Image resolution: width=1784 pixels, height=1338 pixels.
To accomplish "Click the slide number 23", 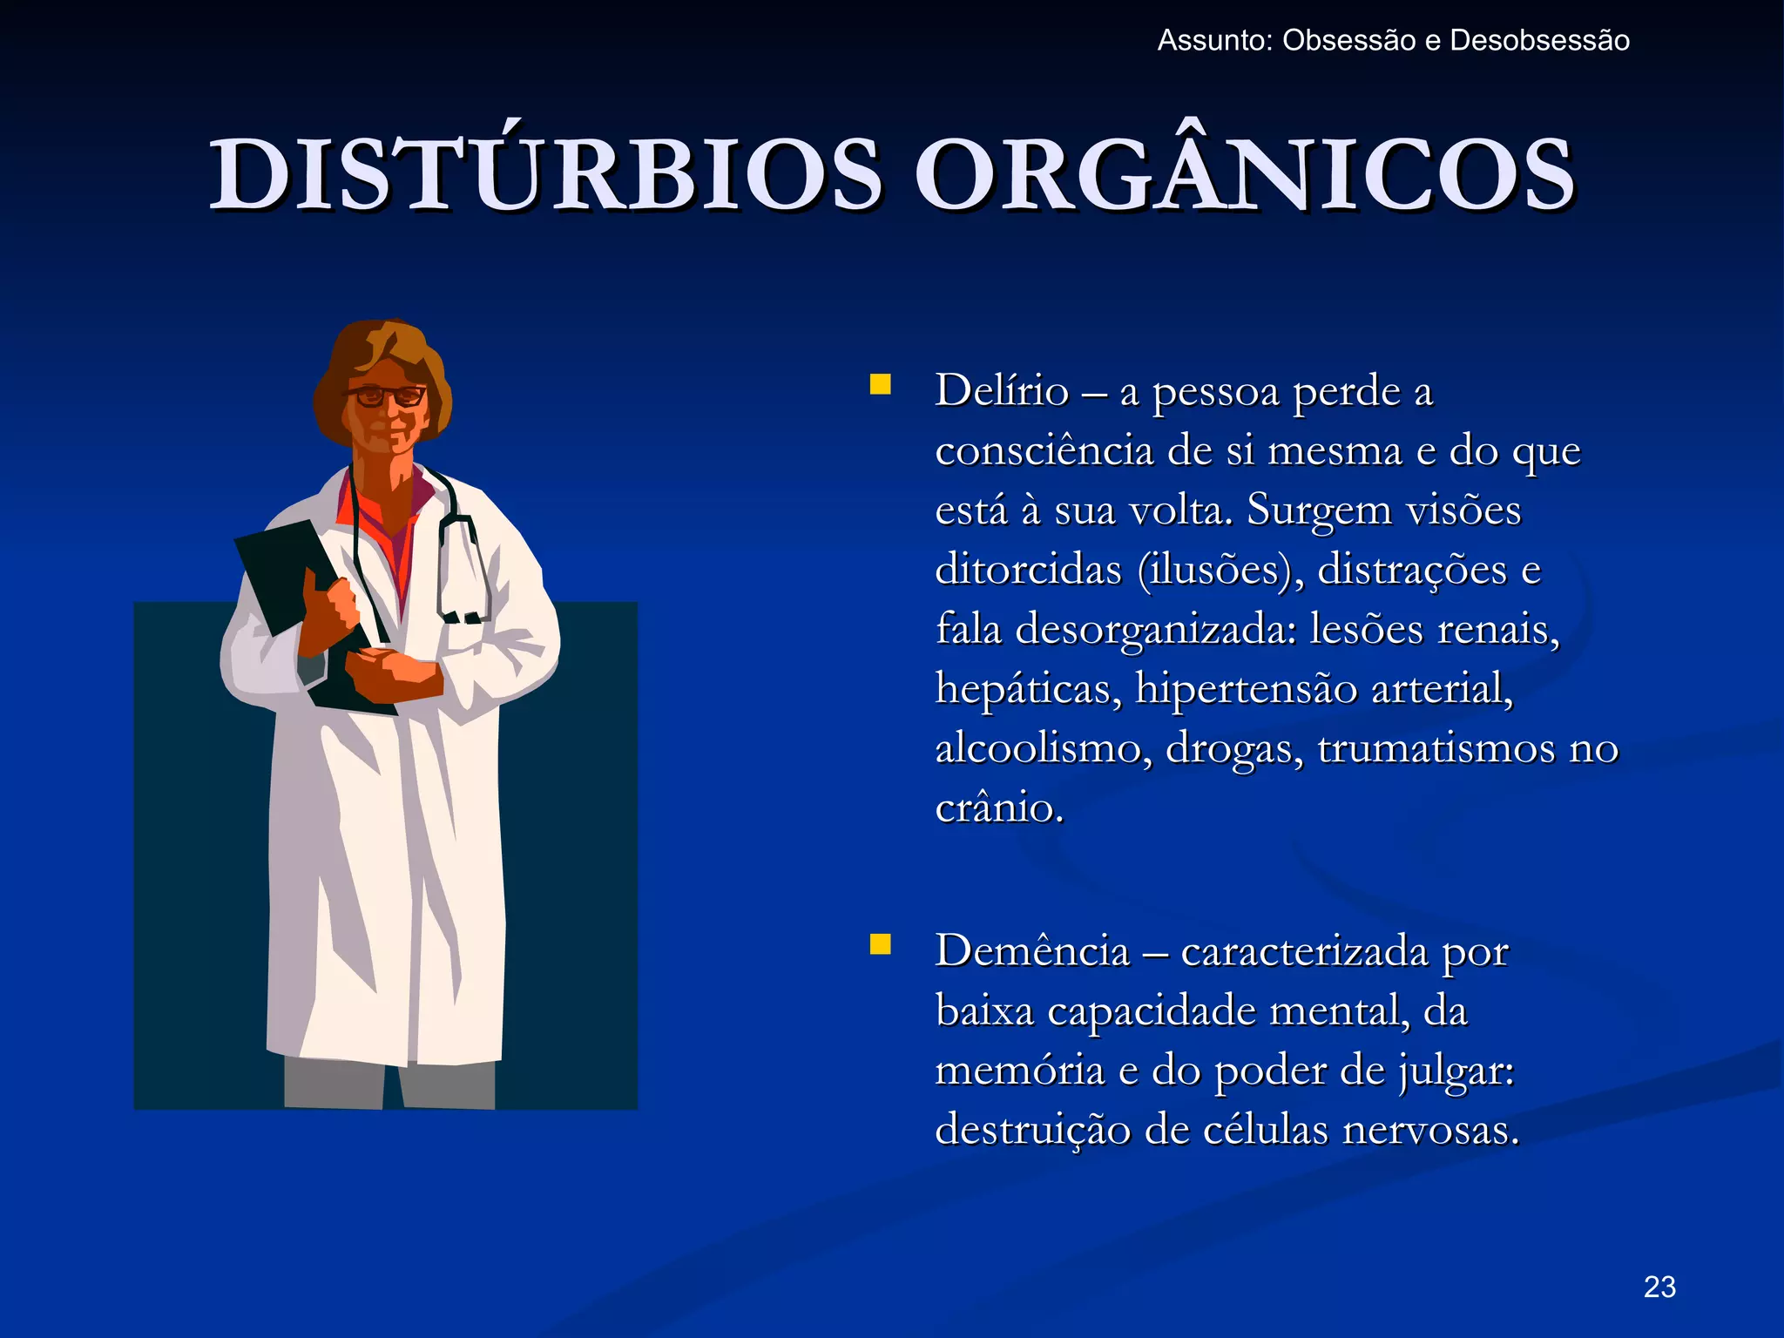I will tap(1659, 1287).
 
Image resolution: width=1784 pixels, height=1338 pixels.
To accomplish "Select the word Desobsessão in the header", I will tap(1539, 41).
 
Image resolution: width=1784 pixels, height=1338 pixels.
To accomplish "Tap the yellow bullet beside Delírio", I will tap(881, 385).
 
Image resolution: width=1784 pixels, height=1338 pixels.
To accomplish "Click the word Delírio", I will tap(1002, 390).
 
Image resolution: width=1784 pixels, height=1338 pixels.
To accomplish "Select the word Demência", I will tap(1032, 950).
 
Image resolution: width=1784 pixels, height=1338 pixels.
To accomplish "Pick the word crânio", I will tap(998, 808).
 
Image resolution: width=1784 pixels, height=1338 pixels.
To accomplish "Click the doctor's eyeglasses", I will tap(386, 396).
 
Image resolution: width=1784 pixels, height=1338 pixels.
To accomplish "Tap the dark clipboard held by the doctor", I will tap(279, 566).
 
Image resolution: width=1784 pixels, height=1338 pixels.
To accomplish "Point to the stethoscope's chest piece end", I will tap(462, 617).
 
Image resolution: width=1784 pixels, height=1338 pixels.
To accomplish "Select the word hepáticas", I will tap(1028, 690).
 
